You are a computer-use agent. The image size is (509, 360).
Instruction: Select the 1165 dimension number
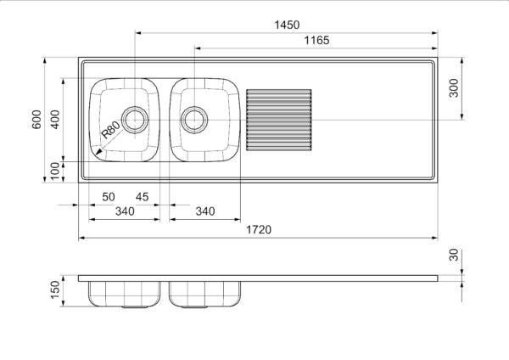[x=316, y=40]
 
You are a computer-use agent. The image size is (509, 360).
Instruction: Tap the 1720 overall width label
[x=259, y=230]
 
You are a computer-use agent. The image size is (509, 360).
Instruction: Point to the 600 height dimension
[x=36, y=120]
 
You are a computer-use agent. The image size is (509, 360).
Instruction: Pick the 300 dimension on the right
[x=453, y=88]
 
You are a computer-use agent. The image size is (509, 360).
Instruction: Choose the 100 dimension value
[x=55, y=170]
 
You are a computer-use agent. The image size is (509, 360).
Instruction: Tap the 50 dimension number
[x=109, y=197]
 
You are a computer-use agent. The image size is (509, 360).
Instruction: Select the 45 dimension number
[x=142, y=197]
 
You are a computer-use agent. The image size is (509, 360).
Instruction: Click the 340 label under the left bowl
[x=125, y=211]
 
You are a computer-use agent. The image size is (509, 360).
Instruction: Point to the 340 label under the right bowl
[x=204, y=211]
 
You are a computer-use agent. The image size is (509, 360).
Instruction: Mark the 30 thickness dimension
[x=453, y=256]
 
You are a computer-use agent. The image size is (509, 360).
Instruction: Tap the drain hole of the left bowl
[x=134, y=120]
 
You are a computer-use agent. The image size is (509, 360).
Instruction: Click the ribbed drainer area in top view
[x=277, y=120]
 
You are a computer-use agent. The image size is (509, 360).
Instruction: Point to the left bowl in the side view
[x=125, y=294]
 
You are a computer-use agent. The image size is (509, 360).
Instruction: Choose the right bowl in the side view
[x=204, y=294]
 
